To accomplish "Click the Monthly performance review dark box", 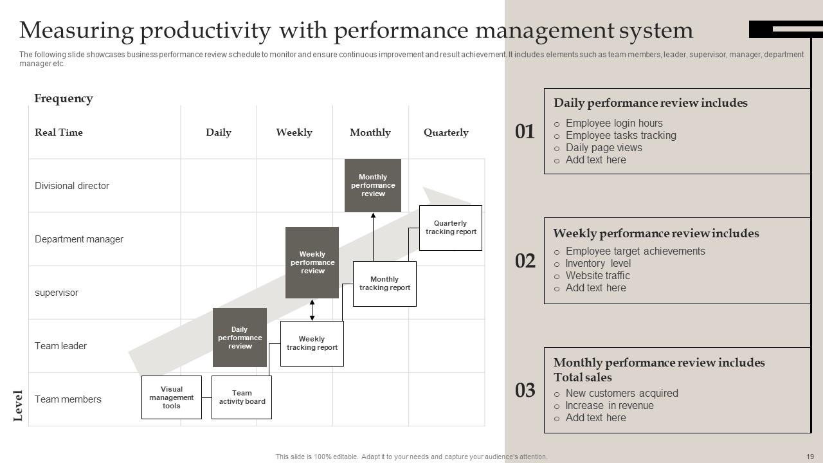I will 373,185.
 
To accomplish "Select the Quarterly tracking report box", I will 451,228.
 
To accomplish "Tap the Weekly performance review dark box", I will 312,262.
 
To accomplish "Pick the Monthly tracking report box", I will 384,284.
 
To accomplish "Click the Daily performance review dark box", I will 240,338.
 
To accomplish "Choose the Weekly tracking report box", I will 312,343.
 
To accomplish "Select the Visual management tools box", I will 172,397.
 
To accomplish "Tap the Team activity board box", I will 242,397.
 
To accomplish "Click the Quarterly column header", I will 446,132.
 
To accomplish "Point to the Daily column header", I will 219,132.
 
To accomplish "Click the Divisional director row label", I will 72,186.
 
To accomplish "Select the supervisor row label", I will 57,293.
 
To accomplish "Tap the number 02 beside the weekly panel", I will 525,260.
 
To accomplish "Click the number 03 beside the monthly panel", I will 525,390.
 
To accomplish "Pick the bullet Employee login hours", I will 614,123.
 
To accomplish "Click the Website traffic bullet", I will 597,275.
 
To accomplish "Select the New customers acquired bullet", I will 622,393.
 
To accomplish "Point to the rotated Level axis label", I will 18,406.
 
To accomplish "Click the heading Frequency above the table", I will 64,98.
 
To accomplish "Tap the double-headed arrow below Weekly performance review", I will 312,310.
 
